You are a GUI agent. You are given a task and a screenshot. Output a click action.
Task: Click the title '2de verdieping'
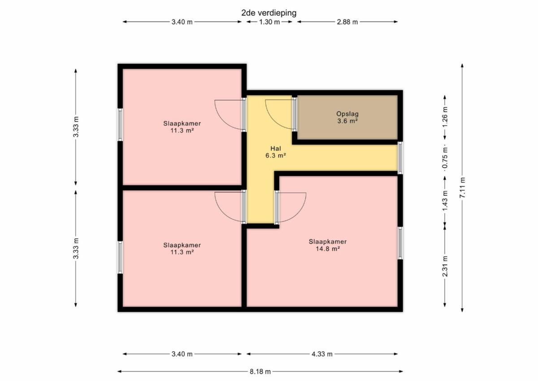tap(269, 13)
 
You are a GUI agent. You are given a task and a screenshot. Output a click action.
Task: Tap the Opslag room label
tap(347, 114)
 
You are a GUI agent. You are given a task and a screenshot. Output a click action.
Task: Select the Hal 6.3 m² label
tap(275, 152)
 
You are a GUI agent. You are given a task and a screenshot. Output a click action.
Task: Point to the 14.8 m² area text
tap(328, 249)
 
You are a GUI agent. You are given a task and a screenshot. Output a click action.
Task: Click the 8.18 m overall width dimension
tap(260, 372)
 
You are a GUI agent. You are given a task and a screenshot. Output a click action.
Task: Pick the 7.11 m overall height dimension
tap(462, 188)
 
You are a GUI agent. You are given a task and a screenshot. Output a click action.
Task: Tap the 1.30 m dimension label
tap(269, 22)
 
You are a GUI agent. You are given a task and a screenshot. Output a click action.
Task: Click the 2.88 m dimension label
tap(347, 22)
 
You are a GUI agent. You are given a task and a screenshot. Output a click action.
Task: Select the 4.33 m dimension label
tap(322, 354)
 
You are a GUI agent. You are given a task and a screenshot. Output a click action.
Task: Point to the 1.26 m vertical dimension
tap(445, 117)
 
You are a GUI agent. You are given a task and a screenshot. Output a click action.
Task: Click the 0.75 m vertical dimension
tap(445, 158)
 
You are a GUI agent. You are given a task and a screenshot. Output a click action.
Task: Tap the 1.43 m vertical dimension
tap(445, 201)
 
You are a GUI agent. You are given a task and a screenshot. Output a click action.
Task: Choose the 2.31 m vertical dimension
tap(445, 266)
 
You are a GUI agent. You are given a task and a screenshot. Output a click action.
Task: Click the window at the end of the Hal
tap(400, 158)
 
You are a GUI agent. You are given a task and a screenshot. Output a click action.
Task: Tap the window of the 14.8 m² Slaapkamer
tap(400, 243)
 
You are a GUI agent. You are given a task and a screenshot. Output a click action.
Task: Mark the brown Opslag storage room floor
tap(347, 117)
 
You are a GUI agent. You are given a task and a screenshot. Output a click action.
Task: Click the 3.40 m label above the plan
tap(182, 22)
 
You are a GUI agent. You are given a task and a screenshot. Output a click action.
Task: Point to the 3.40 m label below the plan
tap(182, 354)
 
